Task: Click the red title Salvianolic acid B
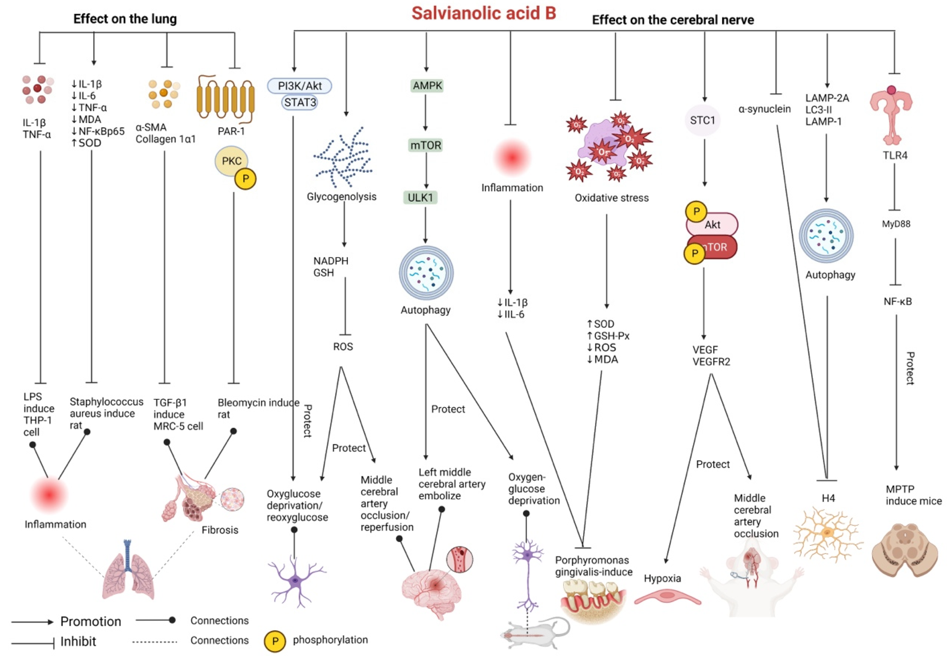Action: (483, 13)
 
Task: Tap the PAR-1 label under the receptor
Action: (231, 131)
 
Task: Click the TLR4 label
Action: (895, 156)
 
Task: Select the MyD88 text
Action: (896, 224)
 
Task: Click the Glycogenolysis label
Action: (341, 196)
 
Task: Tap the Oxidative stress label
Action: (611, 198)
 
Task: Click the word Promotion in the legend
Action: (90, 621)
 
